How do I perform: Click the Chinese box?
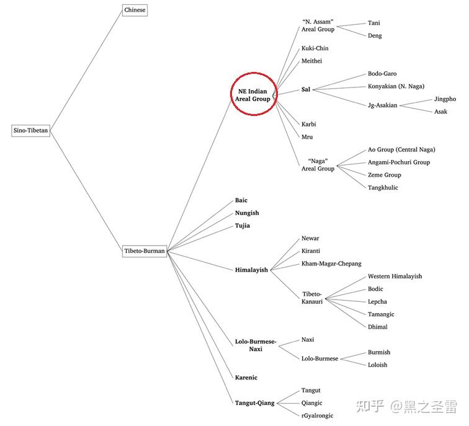[135, 10]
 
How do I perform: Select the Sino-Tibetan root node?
[30, 131]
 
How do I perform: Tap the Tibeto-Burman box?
[145, 251]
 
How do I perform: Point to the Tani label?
[374, 23]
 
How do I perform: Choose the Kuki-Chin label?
[315, 48]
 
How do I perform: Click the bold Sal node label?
[306, 89]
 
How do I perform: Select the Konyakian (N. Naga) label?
[396, 86]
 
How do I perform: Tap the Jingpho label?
[445, 99]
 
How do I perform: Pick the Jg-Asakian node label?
[382, 105]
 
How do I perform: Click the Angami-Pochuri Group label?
[399, 162]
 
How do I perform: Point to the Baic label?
[241, 200]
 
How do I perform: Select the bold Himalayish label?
[251, 270]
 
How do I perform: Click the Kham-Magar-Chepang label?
[331, 264]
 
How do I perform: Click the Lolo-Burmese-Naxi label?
[255, 345]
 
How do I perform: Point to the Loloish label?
[377, 365]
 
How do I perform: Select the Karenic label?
[246, 377]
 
